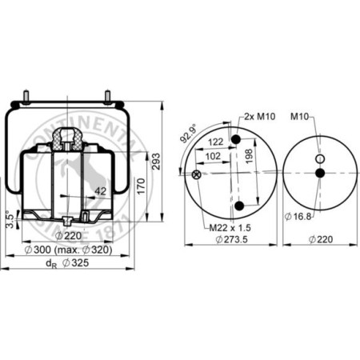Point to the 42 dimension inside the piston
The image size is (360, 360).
[101, 191]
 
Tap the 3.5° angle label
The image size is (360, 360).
[9, 217]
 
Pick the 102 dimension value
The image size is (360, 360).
[213, 158]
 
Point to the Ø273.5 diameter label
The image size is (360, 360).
[231, 238]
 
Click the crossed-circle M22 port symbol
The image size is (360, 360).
[197, 174]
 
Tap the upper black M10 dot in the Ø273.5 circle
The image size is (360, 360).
[236, 142]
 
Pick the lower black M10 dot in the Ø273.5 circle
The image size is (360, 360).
[238, 207]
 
